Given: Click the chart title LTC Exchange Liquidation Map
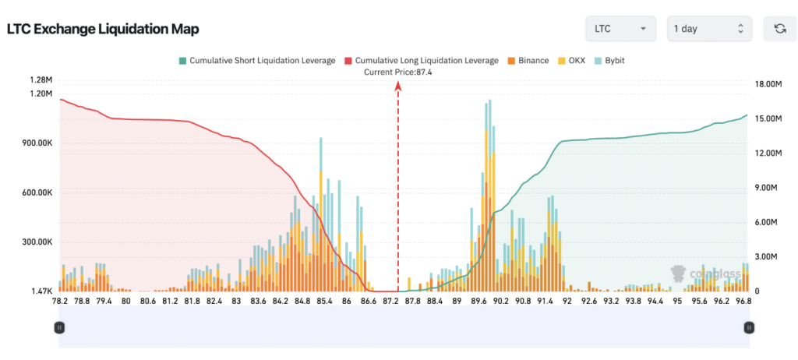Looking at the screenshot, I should pos(103,30).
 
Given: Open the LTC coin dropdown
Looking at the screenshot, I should pos(620,29).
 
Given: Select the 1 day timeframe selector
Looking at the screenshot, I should pos(709,29).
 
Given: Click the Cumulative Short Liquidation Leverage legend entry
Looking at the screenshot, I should pos(257,60).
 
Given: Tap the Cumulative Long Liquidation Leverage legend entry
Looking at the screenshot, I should pos(421,60).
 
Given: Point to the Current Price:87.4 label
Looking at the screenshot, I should pos(398,72).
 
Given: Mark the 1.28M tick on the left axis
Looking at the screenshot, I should pos(41,80).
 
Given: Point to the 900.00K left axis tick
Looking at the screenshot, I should pos(36,143).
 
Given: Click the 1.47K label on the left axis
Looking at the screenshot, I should pos(41,291).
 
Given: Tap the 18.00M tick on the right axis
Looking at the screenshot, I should pos(767,85).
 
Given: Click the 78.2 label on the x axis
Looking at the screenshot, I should pos(59,301).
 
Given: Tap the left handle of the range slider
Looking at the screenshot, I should pos(59,328).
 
